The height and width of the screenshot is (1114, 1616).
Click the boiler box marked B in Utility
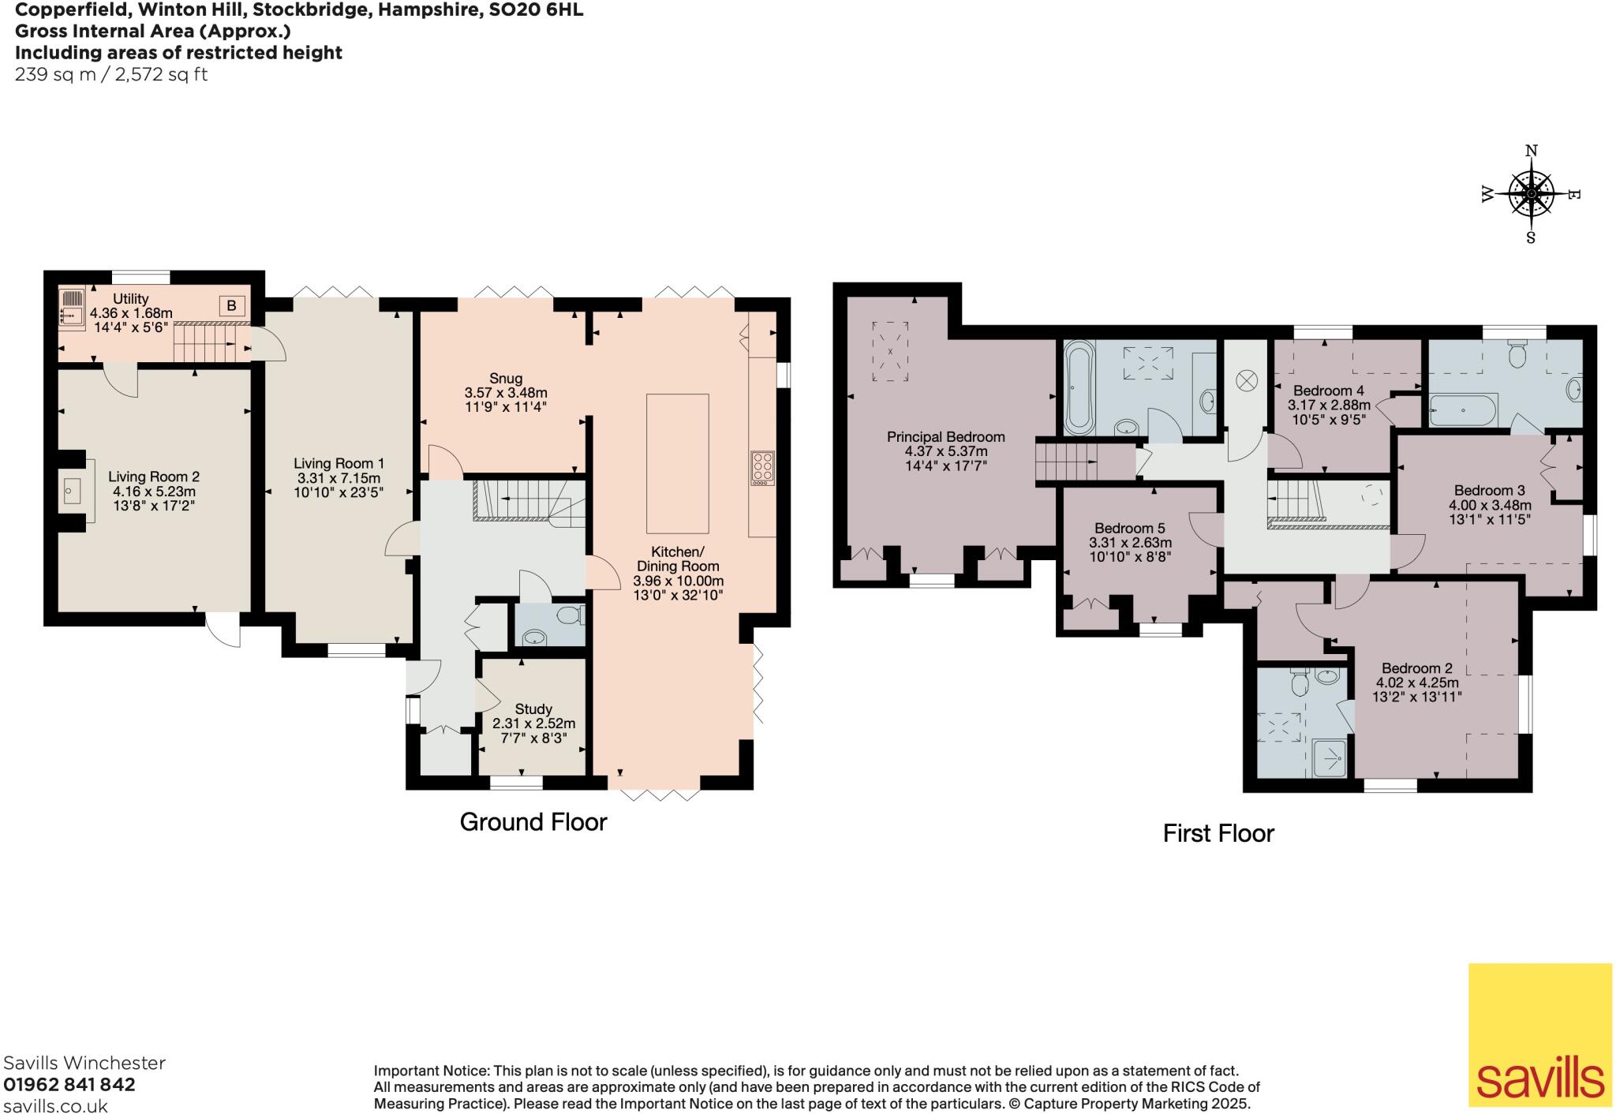[232, 305]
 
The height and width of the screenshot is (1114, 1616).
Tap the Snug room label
[505, 378]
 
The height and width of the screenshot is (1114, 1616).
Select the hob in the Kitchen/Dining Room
[763, 466]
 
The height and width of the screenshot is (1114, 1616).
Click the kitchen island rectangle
[677, 464]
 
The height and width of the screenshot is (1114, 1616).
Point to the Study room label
[533, 708]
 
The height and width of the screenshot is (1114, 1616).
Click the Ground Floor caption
[533, 822]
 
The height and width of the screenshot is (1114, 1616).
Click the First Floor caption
[1218, 833]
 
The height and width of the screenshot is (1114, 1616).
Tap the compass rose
[1531, 194]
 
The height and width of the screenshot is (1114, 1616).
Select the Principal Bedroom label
[946, 436]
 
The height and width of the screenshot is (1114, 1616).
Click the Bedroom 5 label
[1130, 528]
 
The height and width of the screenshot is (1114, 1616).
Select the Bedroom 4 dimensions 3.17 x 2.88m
[1330, 405]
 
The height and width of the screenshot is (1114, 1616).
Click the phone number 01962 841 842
[69, 1084]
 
